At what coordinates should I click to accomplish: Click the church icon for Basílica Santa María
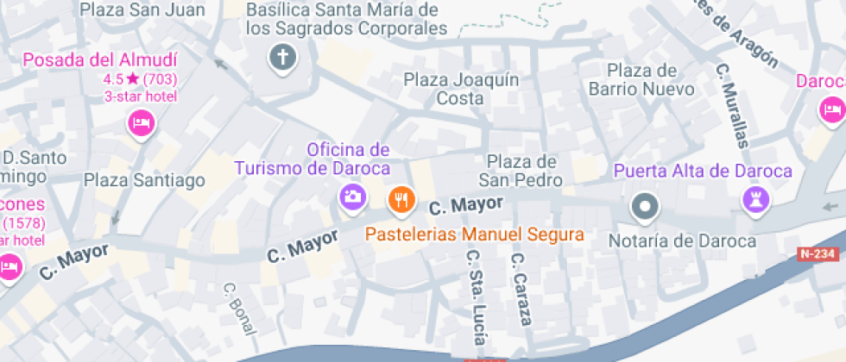(281, 59)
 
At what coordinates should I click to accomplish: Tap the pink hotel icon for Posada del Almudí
(141, 124)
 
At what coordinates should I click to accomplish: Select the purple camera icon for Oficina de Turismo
(351, 196)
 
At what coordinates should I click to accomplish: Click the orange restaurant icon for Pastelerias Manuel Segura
(400, 200)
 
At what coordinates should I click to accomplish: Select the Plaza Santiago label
(145, 180)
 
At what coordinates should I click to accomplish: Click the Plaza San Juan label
(142, 10)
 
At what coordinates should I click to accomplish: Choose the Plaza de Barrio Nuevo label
(641, 79)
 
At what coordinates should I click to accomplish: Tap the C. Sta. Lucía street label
(477, 298)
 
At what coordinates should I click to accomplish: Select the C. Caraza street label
(521, 288)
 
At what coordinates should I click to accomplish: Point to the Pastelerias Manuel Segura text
(474, 234)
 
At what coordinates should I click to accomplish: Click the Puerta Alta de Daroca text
(703, 171)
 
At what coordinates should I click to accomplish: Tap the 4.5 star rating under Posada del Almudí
(140, 78)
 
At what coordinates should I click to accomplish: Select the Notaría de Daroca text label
(683, 240)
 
